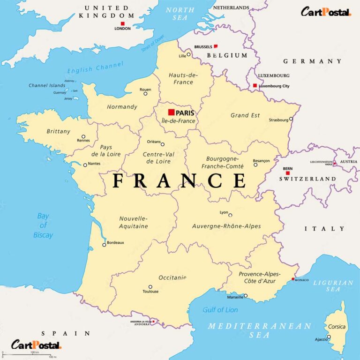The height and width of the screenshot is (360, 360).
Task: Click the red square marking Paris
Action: coord(171,112)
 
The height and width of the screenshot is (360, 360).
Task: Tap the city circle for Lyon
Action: coord(230,215)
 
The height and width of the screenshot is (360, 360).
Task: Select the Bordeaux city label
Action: coord(115,242)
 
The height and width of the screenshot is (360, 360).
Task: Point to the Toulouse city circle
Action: coord(150,287)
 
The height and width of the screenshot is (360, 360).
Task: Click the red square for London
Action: coord(123,23)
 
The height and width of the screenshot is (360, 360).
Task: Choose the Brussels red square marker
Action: coord(216,46)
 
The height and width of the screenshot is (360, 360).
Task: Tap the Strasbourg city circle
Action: coord(291,119)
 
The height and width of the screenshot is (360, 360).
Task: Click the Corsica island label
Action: coord(337,327)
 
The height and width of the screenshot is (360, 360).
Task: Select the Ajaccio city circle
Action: coord(329,337)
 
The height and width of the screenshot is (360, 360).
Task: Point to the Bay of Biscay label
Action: coord(43,225)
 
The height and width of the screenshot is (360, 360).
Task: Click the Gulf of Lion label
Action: coord(220,310)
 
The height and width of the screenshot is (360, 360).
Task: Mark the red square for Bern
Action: coord(287,173)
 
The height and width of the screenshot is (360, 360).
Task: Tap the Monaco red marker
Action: coord(293,279)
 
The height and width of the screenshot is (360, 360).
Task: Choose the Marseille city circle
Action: coord(246,296)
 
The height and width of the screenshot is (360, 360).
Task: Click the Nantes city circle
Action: coord(85,165)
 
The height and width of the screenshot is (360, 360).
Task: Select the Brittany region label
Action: coord(59,131)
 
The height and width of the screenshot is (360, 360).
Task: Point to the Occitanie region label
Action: coord(172,277)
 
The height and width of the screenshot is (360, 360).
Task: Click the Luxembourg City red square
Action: coord(255,86)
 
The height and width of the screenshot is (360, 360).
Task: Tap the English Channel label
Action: coord(96,68)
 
